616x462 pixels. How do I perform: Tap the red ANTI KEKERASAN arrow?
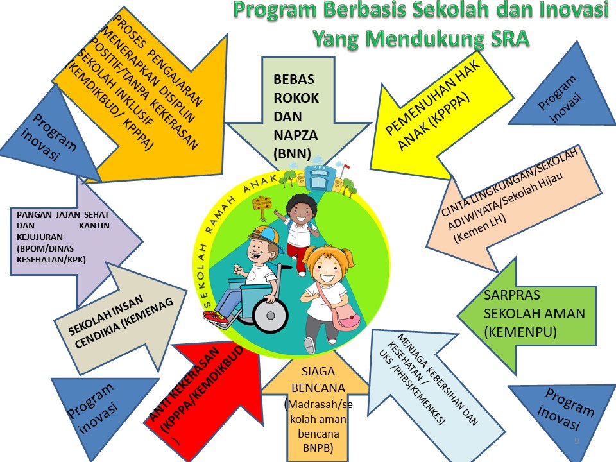(x=199, y=391)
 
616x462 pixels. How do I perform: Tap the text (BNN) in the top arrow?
(x=292, y=153)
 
